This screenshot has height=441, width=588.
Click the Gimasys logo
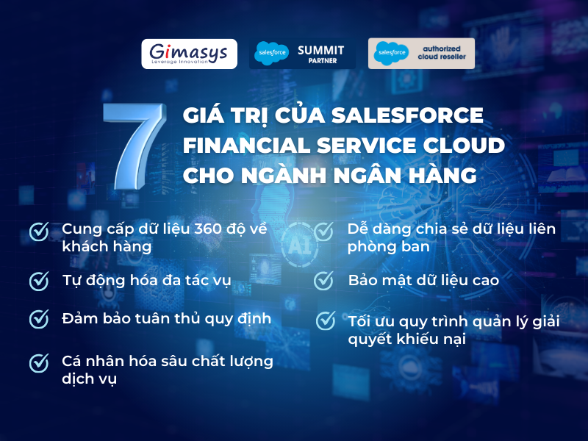click(189, 54)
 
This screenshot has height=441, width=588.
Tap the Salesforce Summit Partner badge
click(301, 54)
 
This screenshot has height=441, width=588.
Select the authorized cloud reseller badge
click(421, 54)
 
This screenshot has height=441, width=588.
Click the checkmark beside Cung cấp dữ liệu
click(39, 232)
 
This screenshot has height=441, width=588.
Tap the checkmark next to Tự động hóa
click(39, 281)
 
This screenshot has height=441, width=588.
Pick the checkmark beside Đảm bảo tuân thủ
click(39, 319)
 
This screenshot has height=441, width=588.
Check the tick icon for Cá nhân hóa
click(39, 362)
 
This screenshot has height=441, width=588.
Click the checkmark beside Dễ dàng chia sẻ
click(323, 232)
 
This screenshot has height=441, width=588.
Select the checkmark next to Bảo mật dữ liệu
click(323, 281)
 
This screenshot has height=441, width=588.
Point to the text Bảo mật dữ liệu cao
click(423, 281)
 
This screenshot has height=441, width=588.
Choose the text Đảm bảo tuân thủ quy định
click(167, 319)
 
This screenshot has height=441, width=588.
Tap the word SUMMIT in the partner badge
click(320, 49)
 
